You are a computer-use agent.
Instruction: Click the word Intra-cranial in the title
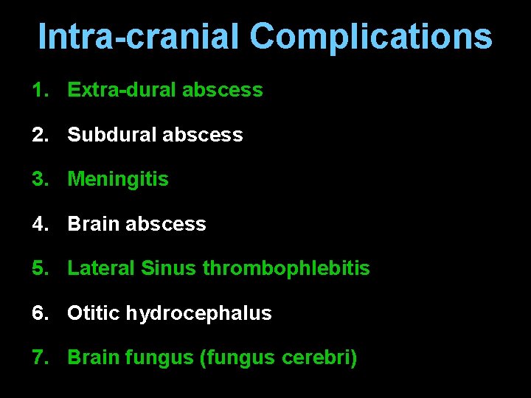point(139,37)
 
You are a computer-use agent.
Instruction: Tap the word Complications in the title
point(370,37)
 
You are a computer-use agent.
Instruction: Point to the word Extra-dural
point(122,91)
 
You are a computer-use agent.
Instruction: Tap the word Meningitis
point(118,179)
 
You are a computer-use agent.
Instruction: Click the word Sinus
point(168,268)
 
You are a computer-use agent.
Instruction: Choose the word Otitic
point(94,313)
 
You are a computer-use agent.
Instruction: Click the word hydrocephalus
point(198,313)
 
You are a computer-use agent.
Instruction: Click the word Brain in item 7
point(94,358)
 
